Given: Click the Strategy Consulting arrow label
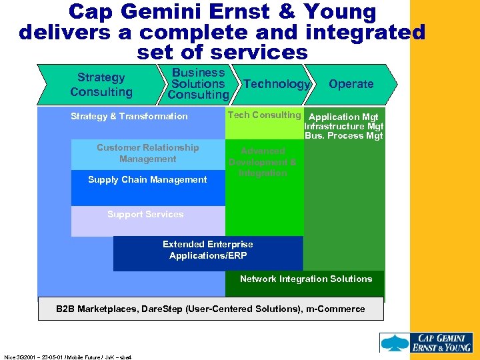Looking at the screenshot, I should pyautogui.click(x=101, y=85).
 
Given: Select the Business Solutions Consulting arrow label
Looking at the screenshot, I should pyautogui.click(x=198, y=84).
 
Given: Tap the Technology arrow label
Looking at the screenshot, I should pyautogui.click(x=277, y=84).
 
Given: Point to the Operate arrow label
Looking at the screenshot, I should pyautogui.click(x=351, y=84).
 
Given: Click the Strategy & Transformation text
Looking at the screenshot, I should pyautogui.click(x=129, y=116).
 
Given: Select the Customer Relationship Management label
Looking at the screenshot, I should pyautogui.click(x=147, y=153).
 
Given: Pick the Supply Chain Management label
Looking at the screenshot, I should pyautogui.click(x=147, y=179).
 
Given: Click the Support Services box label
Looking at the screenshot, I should pyautogui.click(x=145, y=214).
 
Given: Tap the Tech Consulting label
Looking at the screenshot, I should pyautogui.click(x=264, y=115).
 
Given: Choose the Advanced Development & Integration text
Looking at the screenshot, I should pyautogui.click(x=263, y=162).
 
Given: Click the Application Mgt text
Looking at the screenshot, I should pyautogui.click(x=344, y=117).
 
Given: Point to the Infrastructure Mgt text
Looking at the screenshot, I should pyautogui.click(x=343, y=126).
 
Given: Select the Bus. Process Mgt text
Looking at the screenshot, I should pyautogui.click(x=343, y=135).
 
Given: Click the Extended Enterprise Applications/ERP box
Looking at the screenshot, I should pyautogui.click(x=208, y=250).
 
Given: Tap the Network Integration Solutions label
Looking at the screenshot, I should pyautogui.click(x=306, y=279).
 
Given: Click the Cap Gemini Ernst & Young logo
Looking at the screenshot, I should pyautogui.click(x=427, y=343).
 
